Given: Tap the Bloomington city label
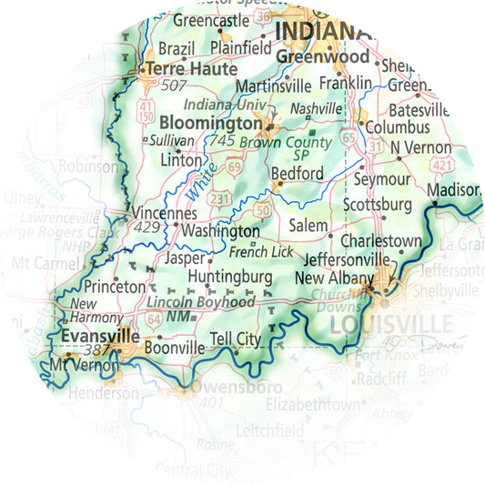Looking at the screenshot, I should (x=210, y=122).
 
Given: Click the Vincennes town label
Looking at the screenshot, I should (x=165, y=212).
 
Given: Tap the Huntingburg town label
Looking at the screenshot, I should (x=230, y=276).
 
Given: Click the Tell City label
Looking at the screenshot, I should (x=235, y=339).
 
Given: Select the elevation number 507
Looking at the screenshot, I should (x=173, y=86).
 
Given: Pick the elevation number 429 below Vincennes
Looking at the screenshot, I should (x=147, y=227).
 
